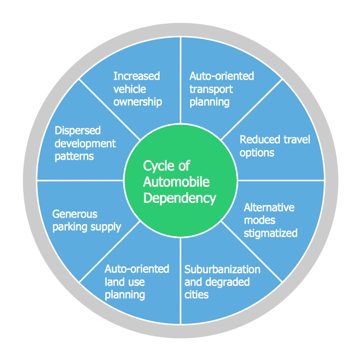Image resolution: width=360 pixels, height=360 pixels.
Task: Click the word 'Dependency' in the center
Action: point(180,198)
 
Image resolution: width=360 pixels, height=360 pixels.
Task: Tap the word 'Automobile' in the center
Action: point(176,182)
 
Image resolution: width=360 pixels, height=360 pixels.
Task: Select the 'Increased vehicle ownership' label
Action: point(137,89)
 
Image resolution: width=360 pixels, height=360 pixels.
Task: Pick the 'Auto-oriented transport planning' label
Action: point(222,89)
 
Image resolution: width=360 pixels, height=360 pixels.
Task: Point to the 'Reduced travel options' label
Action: point(274,146)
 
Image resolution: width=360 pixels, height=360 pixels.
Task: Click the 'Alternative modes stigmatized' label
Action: point(270,220)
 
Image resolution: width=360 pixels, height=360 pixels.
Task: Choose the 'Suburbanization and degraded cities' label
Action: point(222,282)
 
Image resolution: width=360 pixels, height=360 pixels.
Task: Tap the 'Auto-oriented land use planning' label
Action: point(136,282)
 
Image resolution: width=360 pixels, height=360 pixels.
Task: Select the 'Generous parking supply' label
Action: point(87,221)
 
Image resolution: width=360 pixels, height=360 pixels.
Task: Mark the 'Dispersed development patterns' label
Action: point(85,143)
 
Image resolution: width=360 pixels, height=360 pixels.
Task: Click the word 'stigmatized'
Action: point(270,233)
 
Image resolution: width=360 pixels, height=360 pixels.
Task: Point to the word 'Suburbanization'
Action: point(222,269)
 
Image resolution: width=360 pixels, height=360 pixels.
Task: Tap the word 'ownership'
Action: point(137,102)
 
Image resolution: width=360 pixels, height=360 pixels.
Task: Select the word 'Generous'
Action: point(75,214)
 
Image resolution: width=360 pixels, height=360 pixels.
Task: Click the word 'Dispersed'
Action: point(78,131)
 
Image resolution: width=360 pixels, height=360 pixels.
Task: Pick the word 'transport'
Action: point(211,89)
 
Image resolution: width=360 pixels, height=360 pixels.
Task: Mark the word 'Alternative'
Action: point(269,207)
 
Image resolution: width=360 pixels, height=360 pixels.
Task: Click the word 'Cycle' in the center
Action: point(160,166)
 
